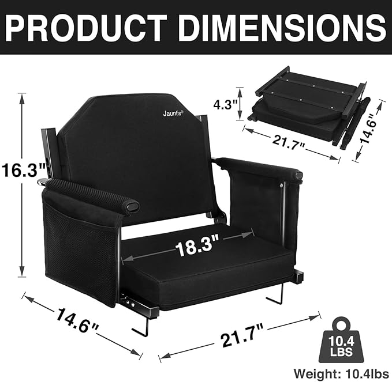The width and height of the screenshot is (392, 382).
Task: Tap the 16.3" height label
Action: pyautogui.click(x=23, y=171)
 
